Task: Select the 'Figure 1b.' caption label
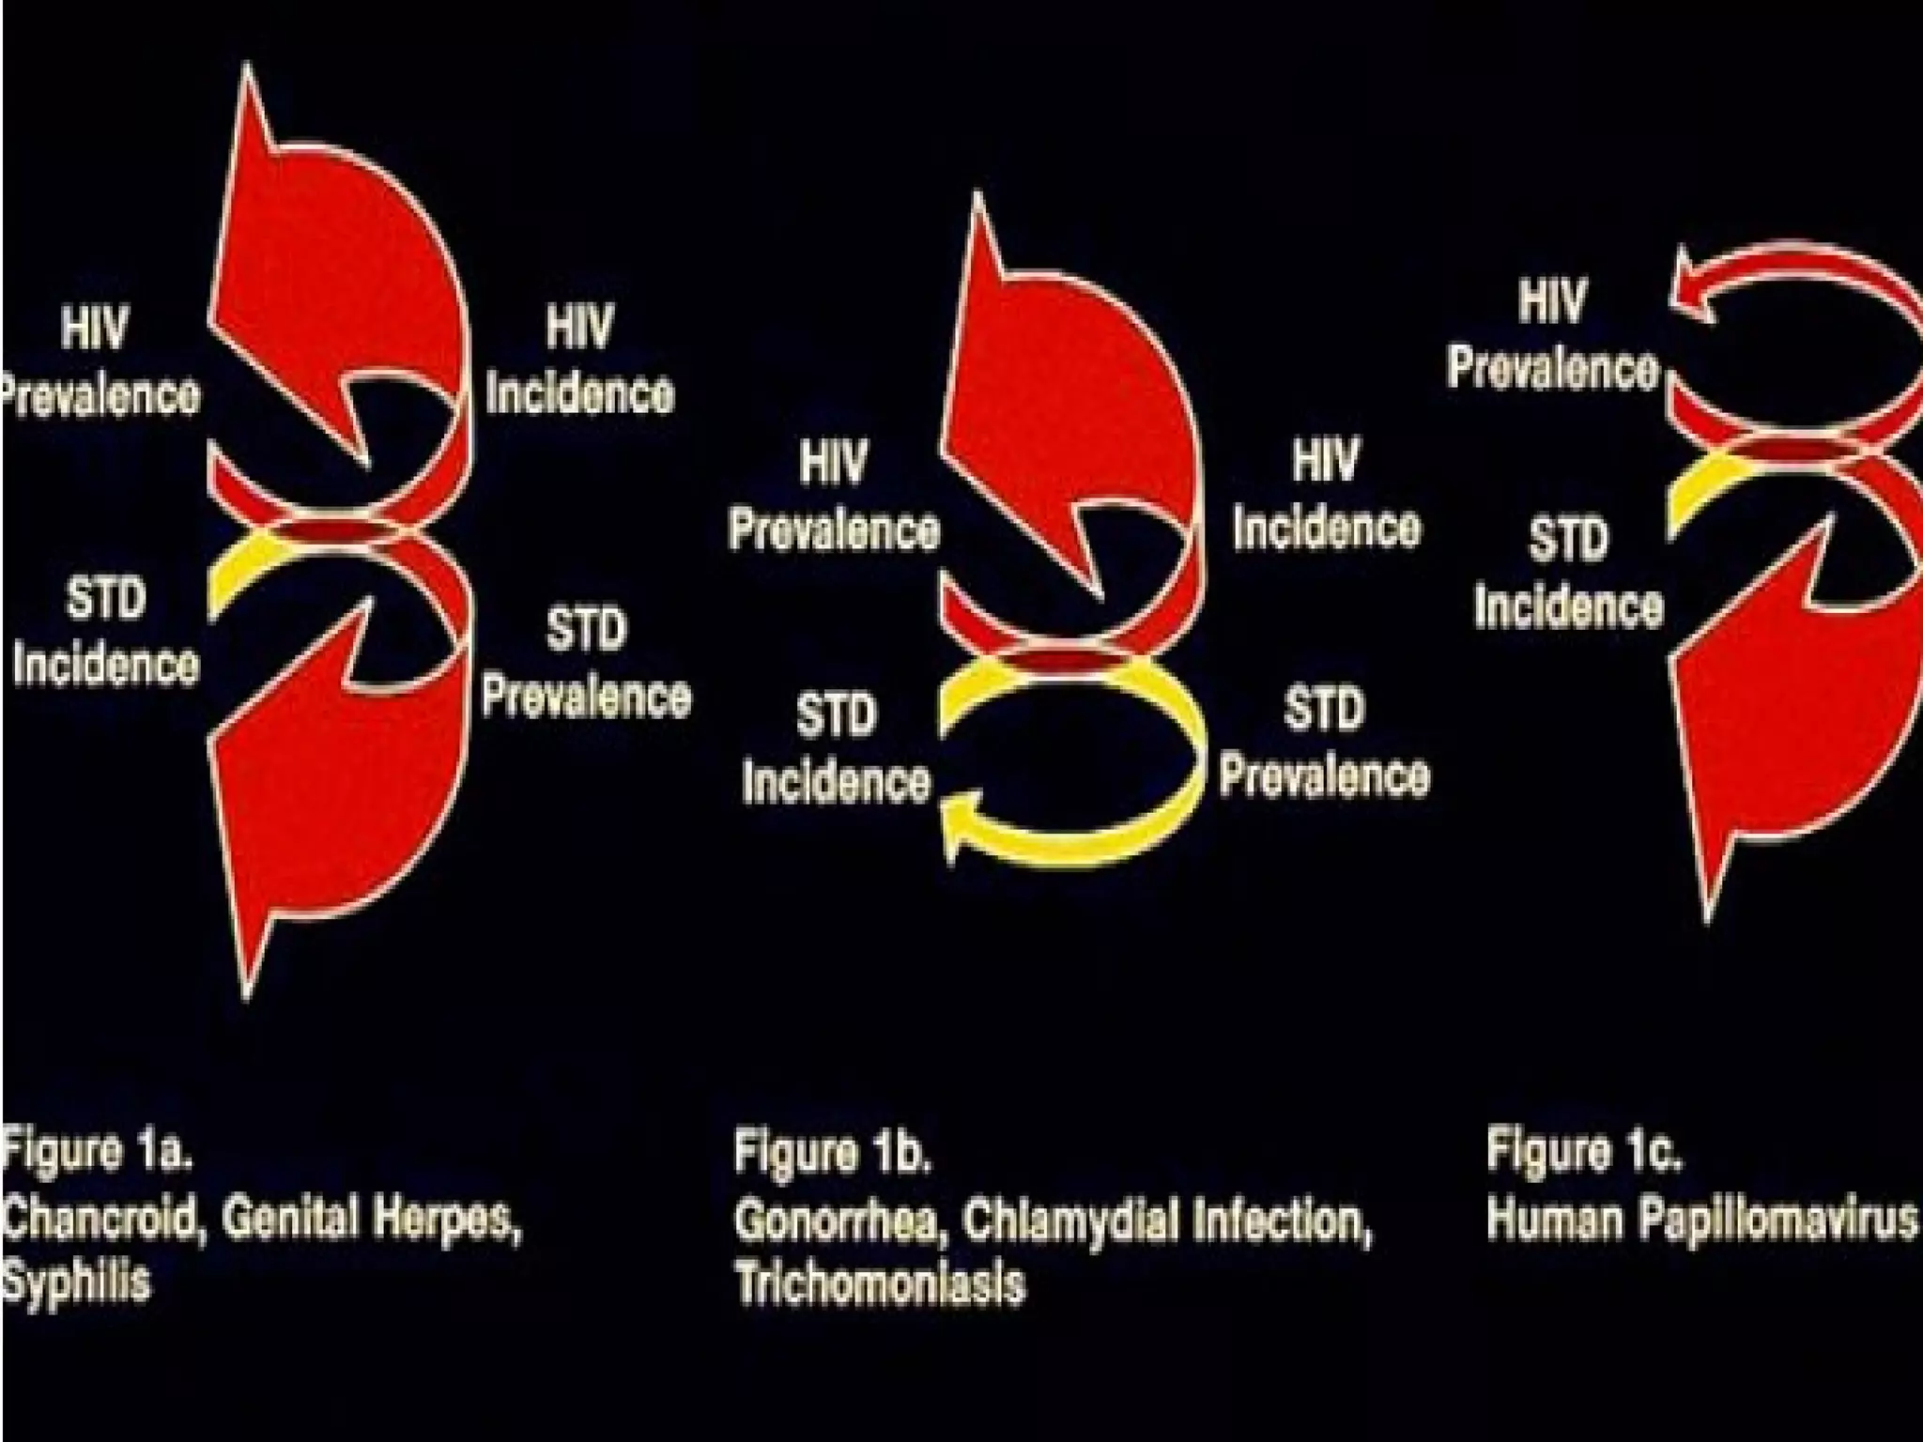[x=832, y=1153]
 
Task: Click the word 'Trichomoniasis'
[x=879, y=1283]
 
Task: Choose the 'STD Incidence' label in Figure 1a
[x=105, y=633]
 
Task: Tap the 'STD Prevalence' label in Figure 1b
[x=1324, y=742]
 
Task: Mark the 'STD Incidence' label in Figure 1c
[x=1568, y=573]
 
